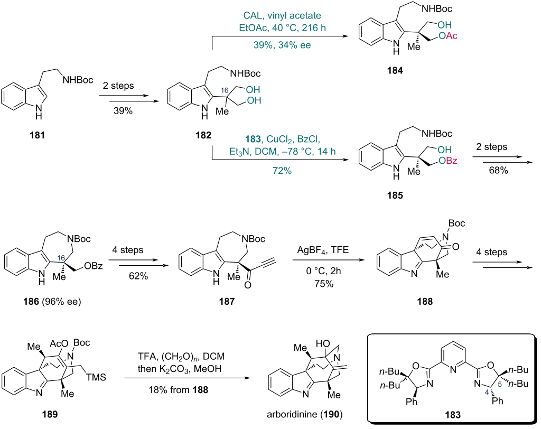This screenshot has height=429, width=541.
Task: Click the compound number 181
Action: (x=38, y=135)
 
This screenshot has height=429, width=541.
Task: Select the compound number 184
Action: (x=395, y=71)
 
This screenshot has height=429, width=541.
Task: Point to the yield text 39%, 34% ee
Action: (x=282, y=45)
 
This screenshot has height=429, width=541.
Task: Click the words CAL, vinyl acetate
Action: (x=282, y=15)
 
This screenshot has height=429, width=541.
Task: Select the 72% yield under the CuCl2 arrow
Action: (x=282, y=171)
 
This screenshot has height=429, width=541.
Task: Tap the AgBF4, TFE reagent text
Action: (x=323, y=250)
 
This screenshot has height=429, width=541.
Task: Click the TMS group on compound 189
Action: (x=96, y=377)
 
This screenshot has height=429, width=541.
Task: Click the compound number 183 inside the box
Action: (x=453, y=415)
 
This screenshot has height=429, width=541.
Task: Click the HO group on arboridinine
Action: (x=323, y=344)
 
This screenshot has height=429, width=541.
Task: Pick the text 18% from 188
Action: (x=179, y=390)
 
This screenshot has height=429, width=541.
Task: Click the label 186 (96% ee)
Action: (x=52, y=302)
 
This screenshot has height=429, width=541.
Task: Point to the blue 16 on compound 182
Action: (x=224, y=90)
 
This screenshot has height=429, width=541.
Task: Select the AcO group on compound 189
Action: (x=59, y=344)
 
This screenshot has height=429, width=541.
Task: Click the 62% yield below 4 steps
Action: (x=138, y=276)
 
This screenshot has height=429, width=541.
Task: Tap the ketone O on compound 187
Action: (x=247, y=285)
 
